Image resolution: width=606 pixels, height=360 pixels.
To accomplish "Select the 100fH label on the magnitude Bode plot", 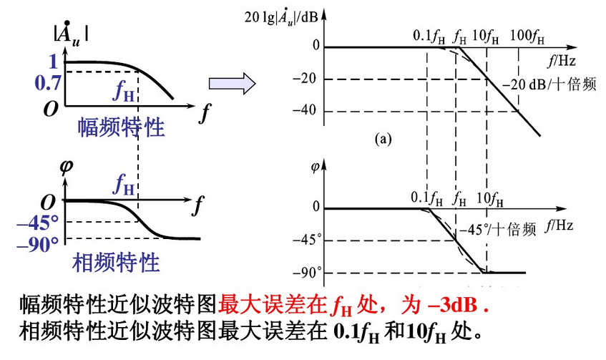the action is pyautogui.click(x=527, y=33).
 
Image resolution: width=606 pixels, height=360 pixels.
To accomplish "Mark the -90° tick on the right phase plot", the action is pyautogui.click(x=309, y=272).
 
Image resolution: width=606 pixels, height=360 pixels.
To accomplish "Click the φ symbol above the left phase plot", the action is pyautogui.click(x=67, y=166).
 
